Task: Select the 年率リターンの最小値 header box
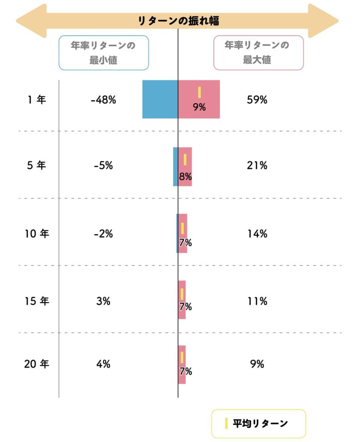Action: pyautogui.click(x=104, y=53)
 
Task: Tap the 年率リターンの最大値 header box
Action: pyautogui.click(x=258, y=53)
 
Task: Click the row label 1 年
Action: pyautogui.click(x=37, y=100)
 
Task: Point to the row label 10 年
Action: pyautogui.click(x=37, y=234)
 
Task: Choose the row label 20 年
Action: pyautogui.click(x=37, y=364)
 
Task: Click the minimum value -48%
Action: pyautogui.click(x=104, y=100)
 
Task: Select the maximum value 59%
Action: pyautogui.click(x=257, y=100)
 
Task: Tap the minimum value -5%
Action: pyautogui.click(x=104, y=165)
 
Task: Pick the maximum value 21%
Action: pyautogui.click(x=257, y=165)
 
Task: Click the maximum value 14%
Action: pyautogui.click(x=257, y=234)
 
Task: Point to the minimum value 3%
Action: pyautogui.click(x=104, y=301)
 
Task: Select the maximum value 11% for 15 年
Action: pyautogui.click(x=257, y=301)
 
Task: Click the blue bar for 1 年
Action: pyautogui.click(x=160, y=99)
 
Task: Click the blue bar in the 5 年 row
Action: pyautogui.click(x=175, y=167)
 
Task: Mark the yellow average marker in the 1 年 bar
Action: pyautogui.click(x=199, y=92)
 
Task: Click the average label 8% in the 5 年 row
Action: pyautogui.click(x=186, y=177)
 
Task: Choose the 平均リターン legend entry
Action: pyautogui.click(x=258, y=423)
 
